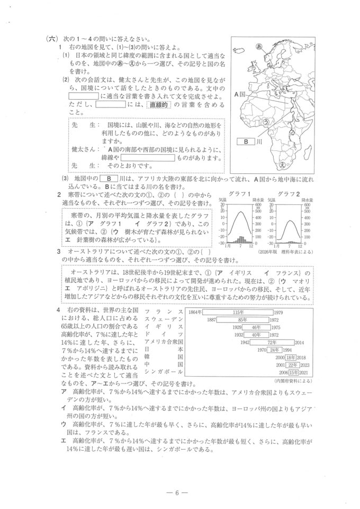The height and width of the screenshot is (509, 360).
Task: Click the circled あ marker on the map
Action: pos(259,47)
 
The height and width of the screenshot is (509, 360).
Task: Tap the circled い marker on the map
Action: pos(277,93)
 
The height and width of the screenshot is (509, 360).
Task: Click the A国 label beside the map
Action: pos(240,94)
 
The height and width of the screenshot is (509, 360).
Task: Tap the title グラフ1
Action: pos(240,194)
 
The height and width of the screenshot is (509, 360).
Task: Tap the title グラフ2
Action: pos(288,194)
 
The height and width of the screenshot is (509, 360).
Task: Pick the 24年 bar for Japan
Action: pos(274,350)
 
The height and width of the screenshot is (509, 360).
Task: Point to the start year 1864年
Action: pos(195,313)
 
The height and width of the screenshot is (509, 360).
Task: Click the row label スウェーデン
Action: pos(164,320)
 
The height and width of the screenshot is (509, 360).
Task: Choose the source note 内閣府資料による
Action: pos(293,380)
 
